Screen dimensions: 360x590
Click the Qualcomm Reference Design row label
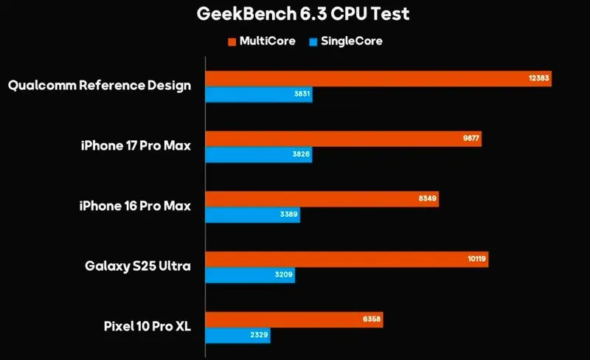pos(100,86)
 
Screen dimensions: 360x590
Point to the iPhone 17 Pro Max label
pos(136,146)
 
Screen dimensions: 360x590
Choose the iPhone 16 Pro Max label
pos(136,206)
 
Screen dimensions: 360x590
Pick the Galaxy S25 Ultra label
pos(138,266)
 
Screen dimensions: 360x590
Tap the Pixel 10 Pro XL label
pos(146,325)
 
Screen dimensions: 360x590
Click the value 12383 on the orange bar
pos(538,78)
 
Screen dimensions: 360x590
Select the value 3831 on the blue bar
pos(299,95)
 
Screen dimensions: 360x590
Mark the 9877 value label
pos(471,139)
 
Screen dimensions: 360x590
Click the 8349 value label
pos(427,198)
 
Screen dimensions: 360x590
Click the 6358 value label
pos(371,319)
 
